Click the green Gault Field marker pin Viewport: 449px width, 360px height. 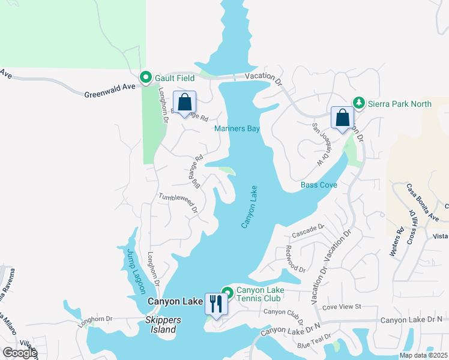pyautogui.click(x=145, y=77)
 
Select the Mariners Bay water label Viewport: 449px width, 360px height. pyautogui.click(x=237, y=128)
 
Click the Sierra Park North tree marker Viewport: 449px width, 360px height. pyautogui.click(x=358, y=103)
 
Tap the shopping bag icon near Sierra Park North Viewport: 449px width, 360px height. pyautogui.click(x=343, y=118)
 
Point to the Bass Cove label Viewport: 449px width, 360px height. pyautogui.click(x=319, y=185)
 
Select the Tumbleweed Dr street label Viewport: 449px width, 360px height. pyautogui.click(x=178, y=203)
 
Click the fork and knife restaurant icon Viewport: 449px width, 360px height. pyautogui.click(x=215, y=304)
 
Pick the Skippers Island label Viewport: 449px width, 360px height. pyautogui.click(x=161, y=325)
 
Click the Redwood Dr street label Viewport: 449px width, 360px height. pyautogui.click(x=296, y=259)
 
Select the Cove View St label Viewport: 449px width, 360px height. pyautogui.click(x=341, y=307)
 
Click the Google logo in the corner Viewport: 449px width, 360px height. pyautogui.click(x=19, y=353)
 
